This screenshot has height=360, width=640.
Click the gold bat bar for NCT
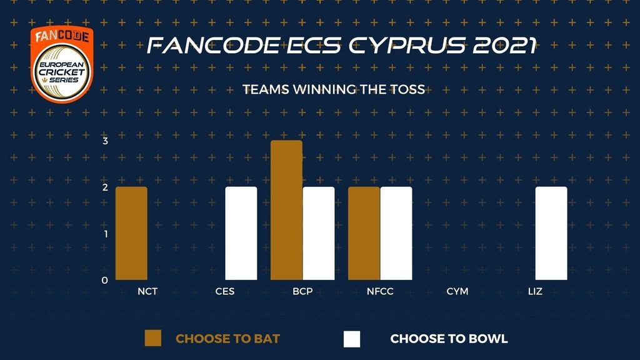click(x=131, y=234)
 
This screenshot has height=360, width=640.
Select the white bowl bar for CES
click(x=241, y=234)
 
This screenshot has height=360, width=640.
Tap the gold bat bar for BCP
click(x=286, y=210)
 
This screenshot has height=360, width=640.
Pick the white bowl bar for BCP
click(x=319, y=234)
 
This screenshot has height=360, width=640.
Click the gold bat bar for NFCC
click(x=364, y=234)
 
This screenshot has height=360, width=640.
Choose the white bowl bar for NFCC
click(x=396, y=234)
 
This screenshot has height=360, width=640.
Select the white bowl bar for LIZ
click(x=551, y=234)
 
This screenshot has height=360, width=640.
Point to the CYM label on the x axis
click(x=457, y=291)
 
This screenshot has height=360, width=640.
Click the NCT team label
click(x=147, y=291)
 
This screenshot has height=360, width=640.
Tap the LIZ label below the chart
click(x=535, y=291)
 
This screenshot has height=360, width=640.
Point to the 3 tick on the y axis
click(x=105, y=141)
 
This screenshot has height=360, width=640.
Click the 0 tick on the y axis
click(x=105, y=281)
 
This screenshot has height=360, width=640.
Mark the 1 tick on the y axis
click(x=106, y=234)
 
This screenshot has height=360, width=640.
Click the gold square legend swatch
click(x=153, y=338)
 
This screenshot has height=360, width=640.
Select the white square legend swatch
click(x=352, y=339)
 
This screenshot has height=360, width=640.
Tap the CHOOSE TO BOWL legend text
click(x=449, y=339)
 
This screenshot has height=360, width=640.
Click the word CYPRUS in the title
click(x=406, y=45)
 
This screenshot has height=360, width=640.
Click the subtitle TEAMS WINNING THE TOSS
click(x=334, y=89)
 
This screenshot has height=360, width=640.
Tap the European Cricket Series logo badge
click(x=62, y=64)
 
